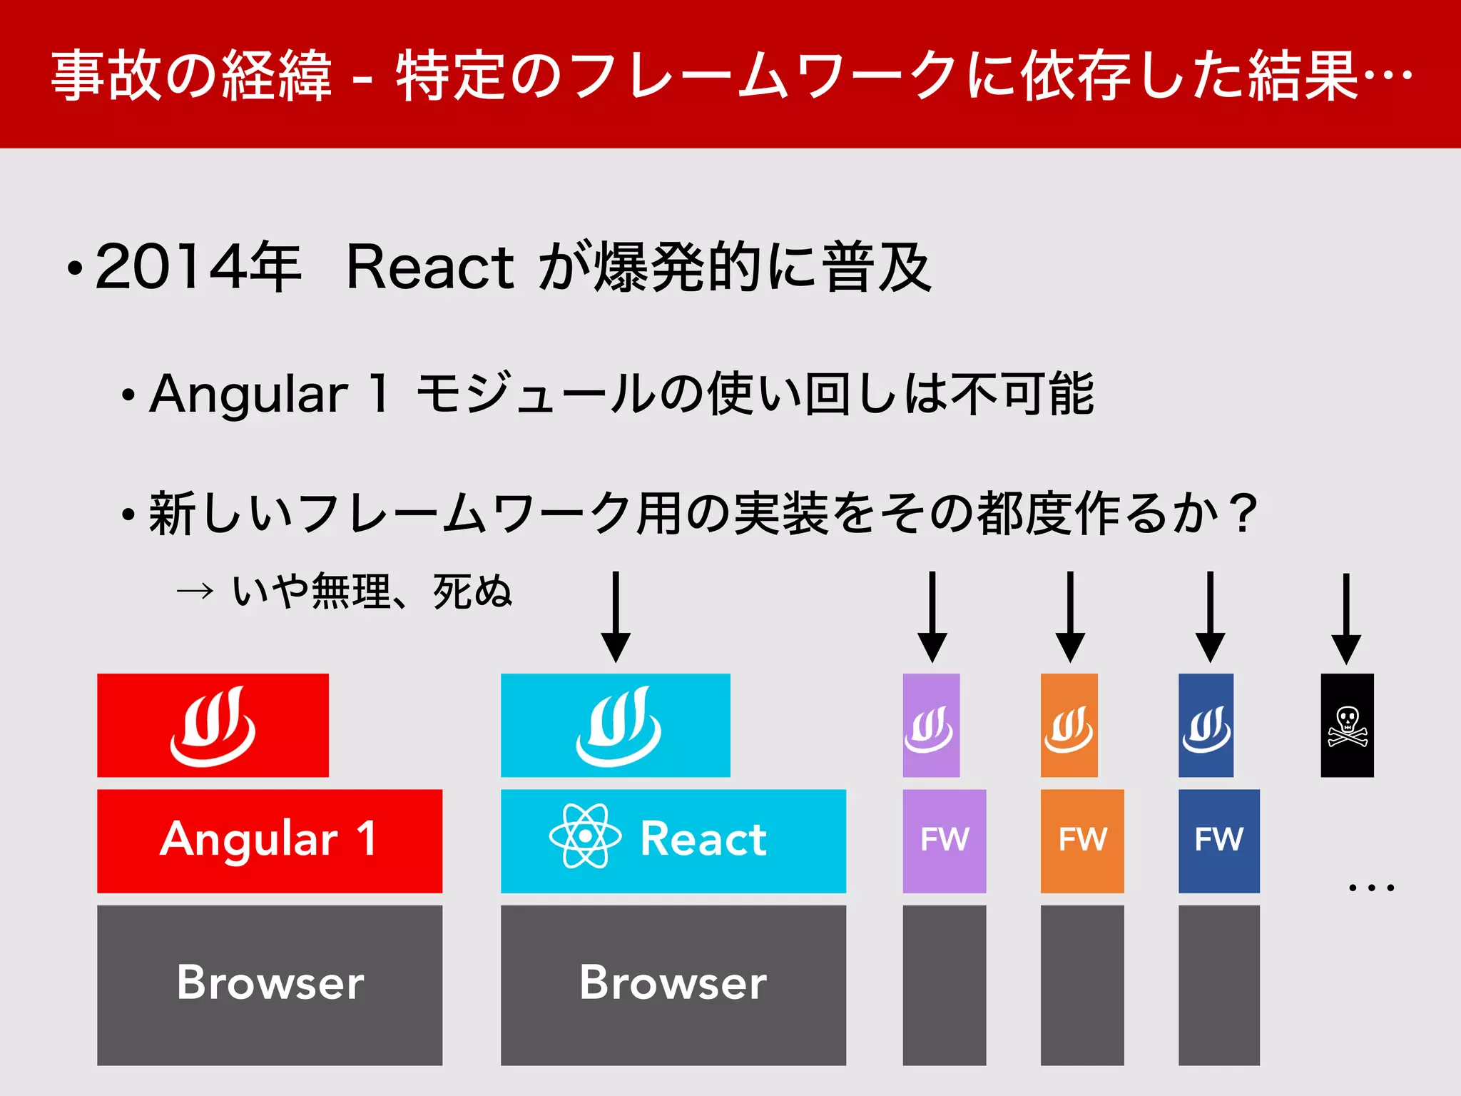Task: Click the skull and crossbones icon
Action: click(1347, 726)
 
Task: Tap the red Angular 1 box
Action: click(270, 841)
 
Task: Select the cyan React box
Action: click(673, 841)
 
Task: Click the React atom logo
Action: click(585, 836)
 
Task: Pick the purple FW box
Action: click(944, 841)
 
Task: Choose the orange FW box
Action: click(1082, 841)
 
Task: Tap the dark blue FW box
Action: click(1218, 841)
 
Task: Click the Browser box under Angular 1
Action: click(270, 985)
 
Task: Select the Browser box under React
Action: click(673, 985)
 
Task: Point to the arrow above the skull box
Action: click(1346, 618)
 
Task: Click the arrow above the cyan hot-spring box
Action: click(616, 616)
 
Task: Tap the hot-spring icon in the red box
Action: click(213, 726)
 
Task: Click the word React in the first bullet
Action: click(429, 267)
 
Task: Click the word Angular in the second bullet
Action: click(248, 394)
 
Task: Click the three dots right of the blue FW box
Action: click(1371, 888)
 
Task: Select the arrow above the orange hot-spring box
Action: click(1070, 616)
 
